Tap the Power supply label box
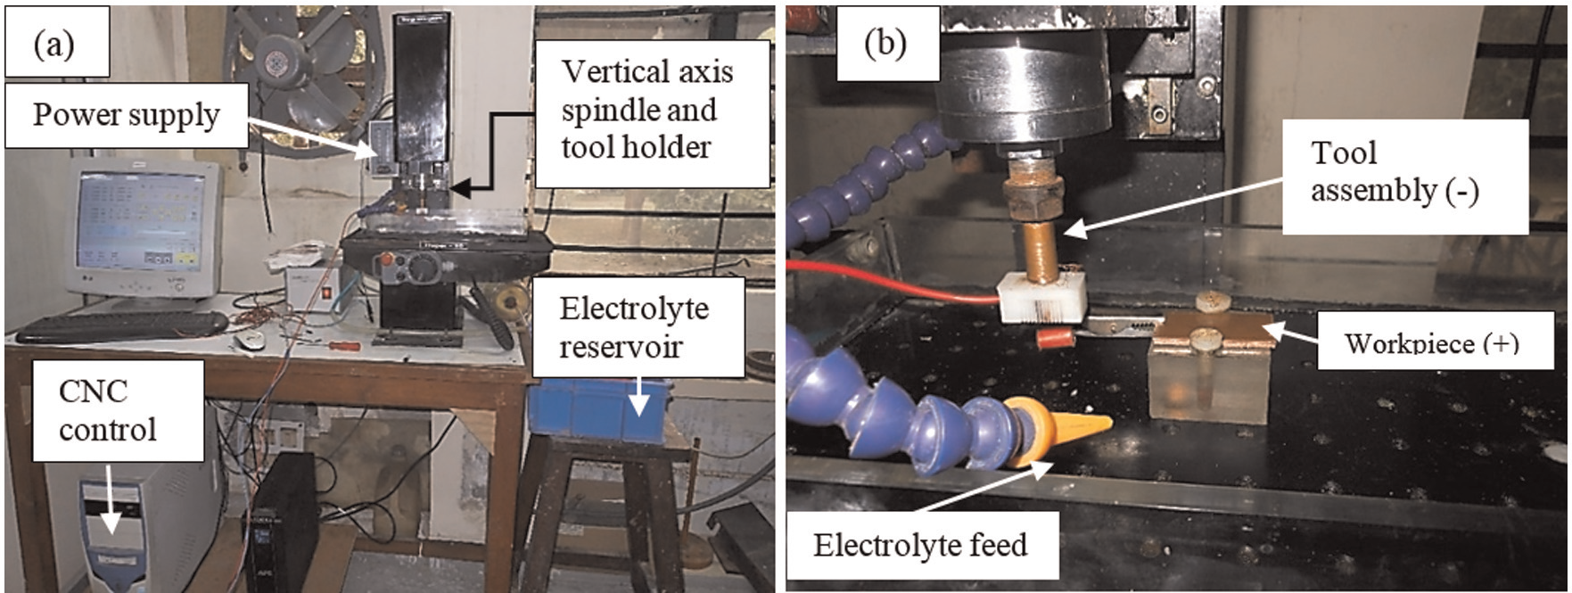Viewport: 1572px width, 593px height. point(127,115)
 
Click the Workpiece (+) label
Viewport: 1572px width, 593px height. point(1431,343)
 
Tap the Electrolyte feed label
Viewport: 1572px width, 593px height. point(920,544)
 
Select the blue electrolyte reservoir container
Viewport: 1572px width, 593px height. point(598,410)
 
